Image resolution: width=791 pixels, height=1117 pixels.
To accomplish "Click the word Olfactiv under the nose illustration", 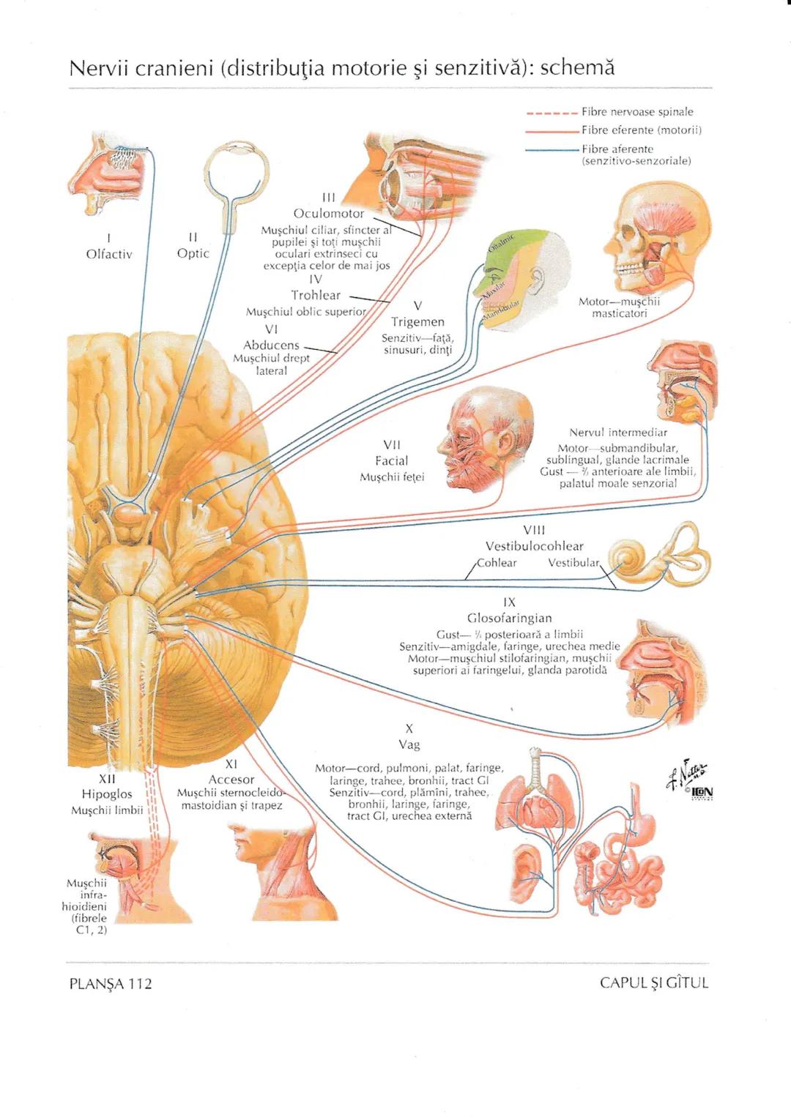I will pyautogui.click(x=108, y=254).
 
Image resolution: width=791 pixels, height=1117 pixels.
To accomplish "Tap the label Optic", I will pyautogui.click(x=193, y=253).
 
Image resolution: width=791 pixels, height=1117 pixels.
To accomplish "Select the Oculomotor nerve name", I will pyautogui.click(x=328, y=214).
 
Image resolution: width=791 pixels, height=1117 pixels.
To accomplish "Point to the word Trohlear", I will pyautogui.click(x=316, y=295).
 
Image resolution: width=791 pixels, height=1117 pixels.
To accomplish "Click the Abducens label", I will pyautogui.click(x=271, y=345).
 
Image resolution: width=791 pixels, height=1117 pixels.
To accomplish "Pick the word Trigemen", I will pyautogui.click(x=417, y=322).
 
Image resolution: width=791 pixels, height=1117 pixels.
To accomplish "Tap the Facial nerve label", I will pyautogui.click(x=391, y=461).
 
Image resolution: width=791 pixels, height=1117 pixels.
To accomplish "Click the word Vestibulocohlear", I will pyautogui.click(x=534, y=546).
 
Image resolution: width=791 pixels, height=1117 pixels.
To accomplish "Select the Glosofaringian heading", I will pyautogui.click(x=509, y=618).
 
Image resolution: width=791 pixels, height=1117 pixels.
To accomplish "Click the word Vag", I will pyautogui.click(x=409, y=744).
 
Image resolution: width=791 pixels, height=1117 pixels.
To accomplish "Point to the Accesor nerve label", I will pyautogui.click(x=231, y=780).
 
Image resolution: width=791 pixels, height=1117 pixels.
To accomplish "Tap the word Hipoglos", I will pyautogui.click(x=107, y=794).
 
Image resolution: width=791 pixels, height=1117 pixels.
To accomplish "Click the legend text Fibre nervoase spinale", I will pyautogui.click(x=637, y=112).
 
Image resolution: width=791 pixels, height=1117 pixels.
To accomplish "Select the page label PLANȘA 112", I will pyautogui.click(x=110, y=984).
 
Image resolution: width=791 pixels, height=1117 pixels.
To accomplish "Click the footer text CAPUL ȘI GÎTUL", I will pyautogui.click(x=653, y=983).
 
